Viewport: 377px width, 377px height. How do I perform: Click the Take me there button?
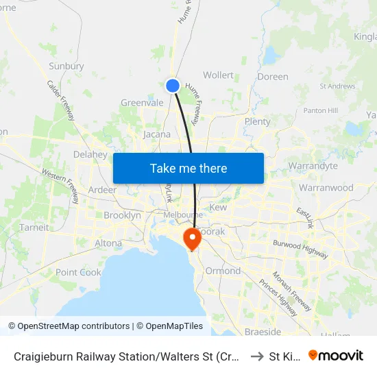click(188, 168)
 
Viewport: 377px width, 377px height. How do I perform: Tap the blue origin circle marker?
click(173, 86)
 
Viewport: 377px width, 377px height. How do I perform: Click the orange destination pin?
click(191, 239)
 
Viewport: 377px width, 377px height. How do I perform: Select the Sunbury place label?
click(66, 66)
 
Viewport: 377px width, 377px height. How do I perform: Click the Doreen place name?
click(273, 77)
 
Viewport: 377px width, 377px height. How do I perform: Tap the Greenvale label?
click(142, 103)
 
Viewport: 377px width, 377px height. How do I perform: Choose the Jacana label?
click(157, 134)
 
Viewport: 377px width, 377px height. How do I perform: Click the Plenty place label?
click(258, 121)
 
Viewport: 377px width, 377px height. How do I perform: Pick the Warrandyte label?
click(314, 166)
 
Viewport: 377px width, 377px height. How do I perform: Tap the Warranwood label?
click(326, 188)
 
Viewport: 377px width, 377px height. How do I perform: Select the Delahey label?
click(90, 155)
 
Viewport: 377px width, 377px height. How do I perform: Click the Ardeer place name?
click(102, 190)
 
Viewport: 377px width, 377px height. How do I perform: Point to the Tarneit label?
click(34, 228)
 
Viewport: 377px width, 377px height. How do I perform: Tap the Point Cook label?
click(78, 272)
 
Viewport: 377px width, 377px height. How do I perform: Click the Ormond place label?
click(223, 271)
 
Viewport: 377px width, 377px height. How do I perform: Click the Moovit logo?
click(336, 355)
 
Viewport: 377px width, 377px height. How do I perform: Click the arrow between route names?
click(257, 356)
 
